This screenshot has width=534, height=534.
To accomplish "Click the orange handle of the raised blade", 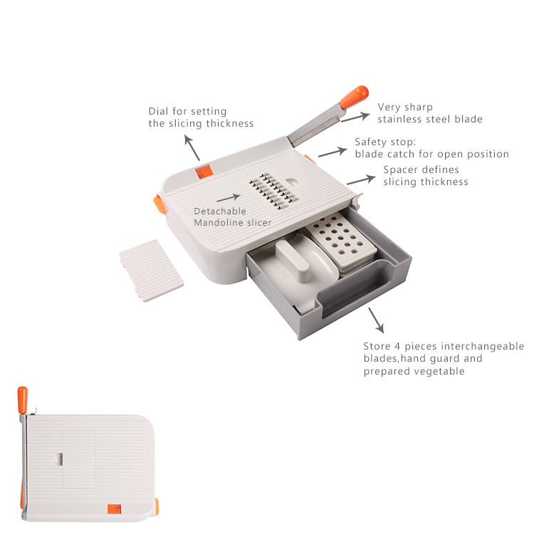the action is (355, 97).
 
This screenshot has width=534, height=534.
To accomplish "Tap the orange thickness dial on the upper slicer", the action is (204, 172).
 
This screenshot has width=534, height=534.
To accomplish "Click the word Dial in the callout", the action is (158, 111).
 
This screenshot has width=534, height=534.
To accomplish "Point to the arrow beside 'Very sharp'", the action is (355, 117).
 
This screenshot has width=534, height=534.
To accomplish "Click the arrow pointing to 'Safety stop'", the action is (333, 152).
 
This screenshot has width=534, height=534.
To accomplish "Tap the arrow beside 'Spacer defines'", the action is (361, 179).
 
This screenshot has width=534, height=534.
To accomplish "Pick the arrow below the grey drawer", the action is (376, 320).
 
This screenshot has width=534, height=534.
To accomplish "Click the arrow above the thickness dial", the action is (192, 147).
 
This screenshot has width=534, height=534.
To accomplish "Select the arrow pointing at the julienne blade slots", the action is (229, 198).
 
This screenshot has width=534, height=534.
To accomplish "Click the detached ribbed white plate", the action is (151, 271).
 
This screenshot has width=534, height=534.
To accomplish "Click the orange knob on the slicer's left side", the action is (159, 204).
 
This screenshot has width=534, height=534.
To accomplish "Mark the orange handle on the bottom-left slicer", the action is (23, 400).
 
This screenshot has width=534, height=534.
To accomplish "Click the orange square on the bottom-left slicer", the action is (115, 509).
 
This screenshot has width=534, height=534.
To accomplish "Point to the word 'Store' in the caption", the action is (377, 346).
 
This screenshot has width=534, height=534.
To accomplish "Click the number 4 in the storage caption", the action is (397, 347).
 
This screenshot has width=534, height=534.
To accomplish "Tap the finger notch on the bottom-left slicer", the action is (58, 459).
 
